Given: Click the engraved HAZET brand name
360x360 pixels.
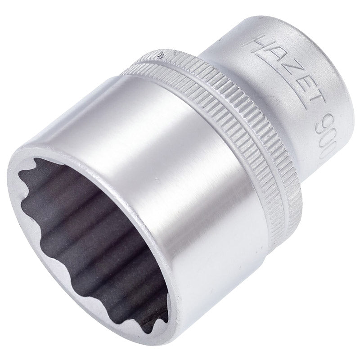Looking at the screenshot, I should point(288,76).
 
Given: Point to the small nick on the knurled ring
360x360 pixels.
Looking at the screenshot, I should point(161,56).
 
